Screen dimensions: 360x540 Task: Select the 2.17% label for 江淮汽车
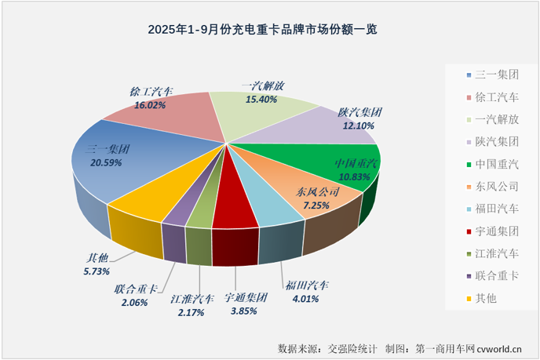(188, 313)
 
